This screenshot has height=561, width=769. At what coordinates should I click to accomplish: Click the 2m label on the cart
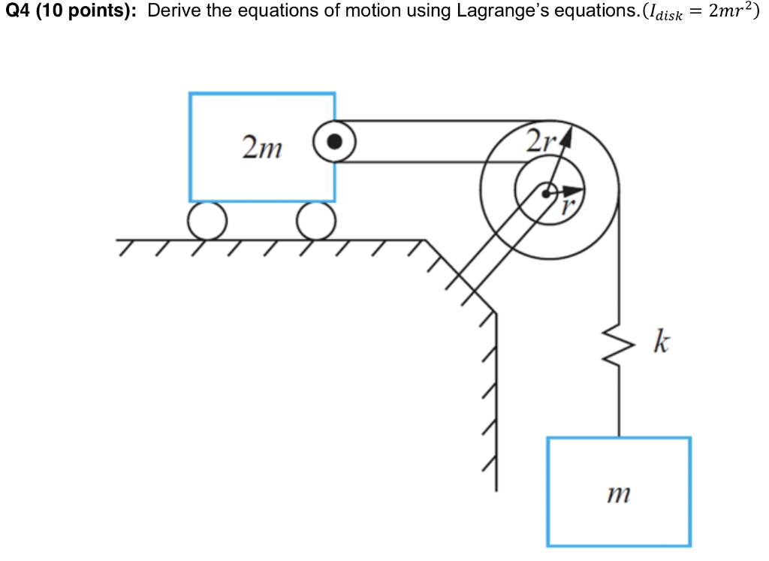click(x=262, y=148)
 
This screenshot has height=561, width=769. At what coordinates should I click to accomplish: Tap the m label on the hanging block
click(x=619, y=493)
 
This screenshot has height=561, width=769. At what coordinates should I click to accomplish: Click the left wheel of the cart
click(x=207, y=221)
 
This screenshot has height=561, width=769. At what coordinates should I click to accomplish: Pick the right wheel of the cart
click(x=315, y=221)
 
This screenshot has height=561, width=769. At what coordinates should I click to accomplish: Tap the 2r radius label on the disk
click(x=538, y=140)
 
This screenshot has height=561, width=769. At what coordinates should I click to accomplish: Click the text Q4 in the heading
click(x=17, y=13)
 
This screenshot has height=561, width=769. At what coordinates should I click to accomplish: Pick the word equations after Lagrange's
click(x=579, y=13)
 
